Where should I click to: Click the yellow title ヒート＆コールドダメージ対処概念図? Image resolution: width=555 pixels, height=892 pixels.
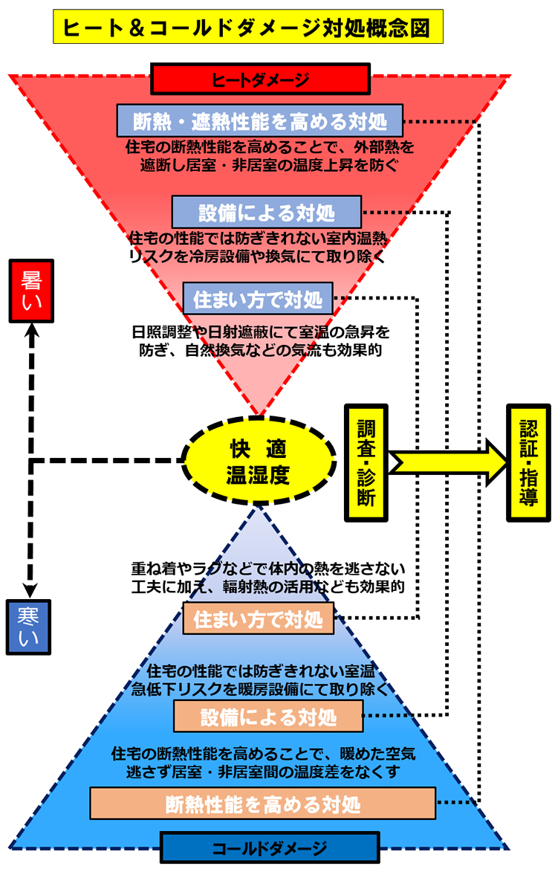point(248,28)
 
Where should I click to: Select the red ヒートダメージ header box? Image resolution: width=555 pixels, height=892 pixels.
point(260,79)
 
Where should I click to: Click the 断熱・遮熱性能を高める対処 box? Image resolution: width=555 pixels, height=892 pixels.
point(260,119)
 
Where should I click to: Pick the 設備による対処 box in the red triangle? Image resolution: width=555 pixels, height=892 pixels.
point(267,212)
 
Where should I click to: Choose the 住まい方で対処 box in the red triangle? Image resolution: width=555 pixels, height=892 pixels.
point(257,299)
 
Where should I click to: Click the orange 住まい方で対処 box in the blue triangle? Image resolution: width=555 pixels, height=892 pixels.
point(258,618)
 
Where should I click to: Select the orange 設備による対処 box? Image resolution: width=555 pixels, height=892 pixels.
point(268,717)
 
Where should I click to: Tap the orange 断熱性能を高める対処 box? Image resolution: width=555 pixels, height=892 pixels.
point(262,804)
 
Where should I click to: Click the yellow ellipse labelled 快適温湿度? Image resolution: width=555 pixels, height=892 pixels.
point(257,462)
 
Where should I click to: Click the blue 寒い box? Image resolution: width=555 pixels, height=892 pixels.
point(28,627)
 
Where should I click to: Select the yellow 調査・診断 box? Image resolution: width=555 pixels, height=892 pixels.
point(366,462)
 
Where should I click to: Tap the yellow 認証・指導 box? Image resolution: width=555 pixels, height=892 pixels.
point(528,462)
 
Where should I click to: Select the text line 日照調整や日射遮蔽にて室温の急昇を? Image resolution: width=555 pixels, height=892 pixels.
point(261,331)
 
